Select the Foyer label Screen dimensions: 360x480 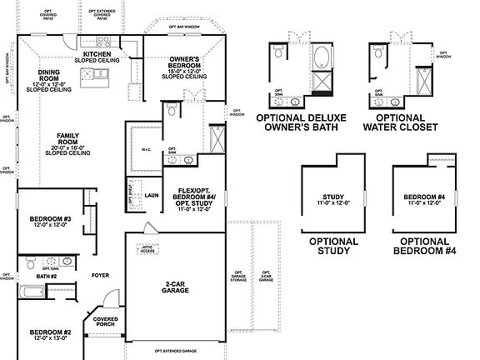101,273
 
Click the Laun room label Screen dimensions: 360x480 151,196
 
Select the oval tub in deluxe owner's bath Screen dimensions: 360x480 322,58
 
